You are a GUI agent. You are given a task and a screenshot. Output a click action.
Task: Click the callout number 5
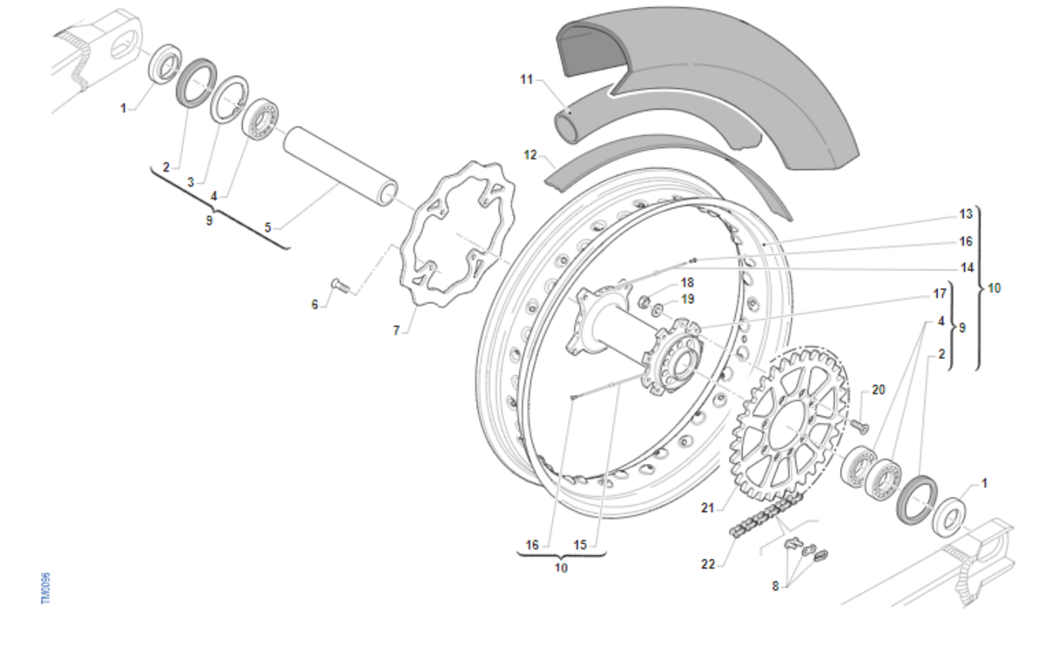[x=268, y=227]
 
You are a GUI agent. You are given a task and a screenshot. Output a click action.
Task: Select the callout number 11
[x=526, y=80]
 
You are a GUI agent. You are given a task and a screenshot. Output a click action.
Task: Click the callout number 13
[x=966, y=214]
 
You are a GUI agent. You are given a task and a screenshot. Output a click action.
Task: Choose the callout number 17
[x=940, y=293]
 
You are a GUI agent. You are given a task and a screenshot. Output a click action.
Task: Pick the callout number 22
[x=708, y=564]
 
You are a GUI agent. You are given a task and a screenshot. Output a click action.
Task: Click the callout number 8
[x=775, y=586]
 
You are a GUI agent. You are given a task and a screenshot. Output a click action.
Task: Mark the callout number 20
[x=878, y=389]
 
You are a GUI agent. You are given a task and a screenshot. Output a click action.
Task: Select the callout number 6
[x=315, y=304]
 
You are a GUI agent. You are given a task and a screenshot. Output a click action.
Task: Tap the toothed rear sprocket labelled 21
[x=788, y=427]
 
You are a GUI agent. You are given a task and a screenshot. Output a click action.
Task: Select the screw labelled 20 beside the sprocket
[x=859, y=427]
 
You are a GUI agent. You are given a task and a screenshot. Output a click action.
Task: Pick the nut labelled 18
[x=643, y=302]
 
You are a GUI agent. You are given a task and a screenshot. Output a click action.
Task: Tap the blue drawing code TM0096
[x=46, y=590]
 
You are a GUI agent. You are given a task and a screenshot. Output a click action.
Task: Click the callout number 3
[x=191, y=183]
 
